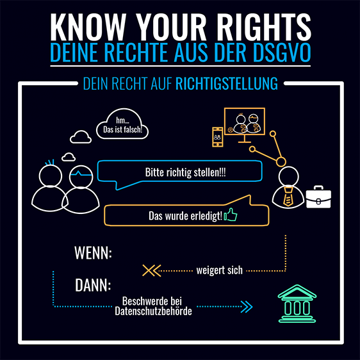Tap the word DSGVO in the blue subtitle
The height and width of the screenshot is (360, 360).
(x=282, y=53)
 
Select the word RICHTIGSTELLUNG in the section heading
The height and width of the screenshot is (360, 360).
(x=227, y=83)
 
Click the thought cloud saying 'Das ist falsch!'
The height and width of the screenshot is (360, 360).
(x=122, y=124)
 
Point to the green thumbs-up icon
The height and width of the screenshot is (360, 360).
(x=231, y=215)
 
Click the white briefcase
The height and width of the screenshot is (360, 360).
(x=318, y=197)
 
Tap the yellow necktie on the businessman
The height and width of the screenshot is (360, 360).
(x=288, y=197)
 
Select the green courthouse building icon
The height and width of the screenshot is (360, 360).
(x=297, y=304)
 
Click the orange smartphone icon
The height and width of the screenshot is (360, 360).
(x=217, y=137)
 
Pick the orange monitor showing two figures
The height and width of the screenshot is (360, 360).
(x=245, y=125)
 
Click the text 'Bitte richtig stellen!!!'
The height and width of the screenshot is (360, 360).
(x=186, y=172)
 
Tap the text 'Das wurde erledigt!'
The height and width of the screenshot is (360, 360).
(x=185, y=216)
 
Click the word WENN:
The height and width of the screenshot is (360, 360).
(x=94, y=253)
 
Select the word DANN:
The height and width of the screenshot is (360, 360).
(x=93, y=285)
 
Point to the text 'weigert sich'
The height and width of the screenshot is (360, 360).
(x=219, y=270)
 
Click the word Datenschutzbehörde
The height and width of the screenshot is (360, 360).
(x=153, y=311)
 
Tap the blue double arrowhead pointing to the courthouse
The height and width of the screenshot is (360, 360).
(x=247, y=306)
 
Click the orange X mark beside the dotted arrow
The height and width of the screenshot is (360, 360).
(x=149, y=270)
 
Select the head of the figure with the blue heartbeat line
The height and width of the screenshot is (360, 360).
(x=81, y=177)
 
